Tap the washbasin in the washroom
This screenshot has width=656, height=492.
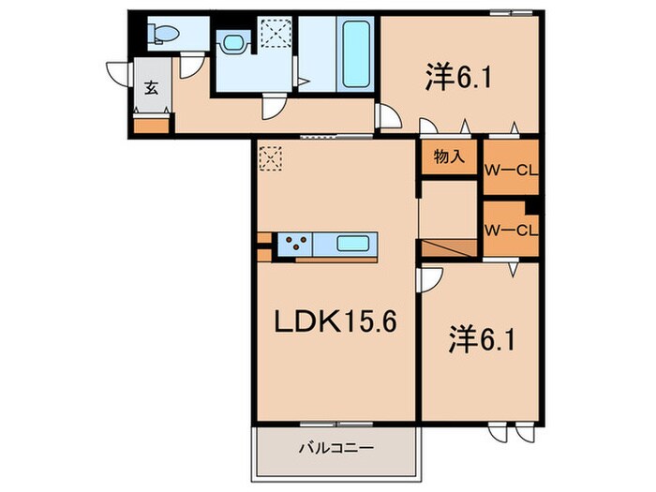pos(231,42)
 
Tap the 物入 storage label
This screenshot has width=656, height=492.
pos(450,157)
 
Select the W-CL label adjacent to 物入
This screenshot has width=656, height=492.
pos(510,171)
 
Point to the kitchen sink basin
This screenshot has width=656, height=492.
pos(353,245)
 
